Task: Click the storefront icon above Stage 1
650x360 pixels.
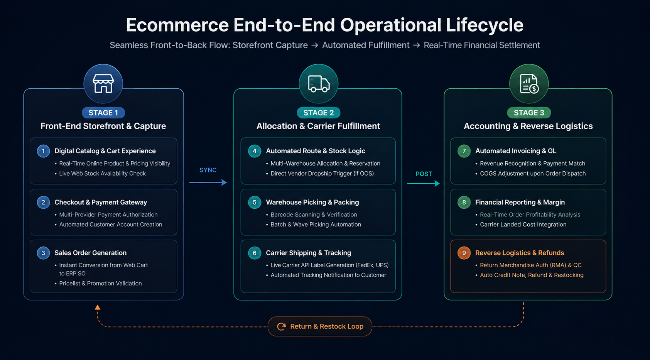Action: click(103, 83)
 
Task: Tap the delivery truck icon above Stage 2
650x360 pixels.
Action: click(319, 84)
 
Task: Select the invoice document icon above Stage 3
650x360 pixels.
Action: click(529, 84)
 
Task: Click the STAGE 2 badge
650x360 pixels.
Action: click(318, 113)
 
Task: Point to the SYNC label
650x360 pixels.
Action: click(208, 170)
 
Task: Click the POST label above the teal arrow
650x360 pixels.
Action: click(424, 174)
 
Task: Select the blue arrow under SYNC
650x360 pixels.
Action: click(208, 183)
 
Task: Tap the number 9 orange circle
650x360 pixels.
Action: click(464, 253)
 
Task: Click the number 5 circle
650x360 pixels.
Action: click(255, 202)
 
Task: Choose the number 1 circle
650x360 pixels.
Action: click(43, 151)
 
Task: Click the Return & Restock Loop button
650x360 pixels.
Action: click(320, 326)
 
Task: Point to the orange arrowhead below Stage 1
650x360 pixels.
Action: click(98, 307)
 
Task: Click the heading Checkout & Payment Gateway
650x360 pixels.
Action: click(101, 202)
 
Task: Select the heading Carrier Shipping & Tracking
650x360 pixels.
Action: click(309, 253)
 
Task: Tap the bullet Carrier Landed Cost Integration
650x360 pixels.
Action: click(523, 225)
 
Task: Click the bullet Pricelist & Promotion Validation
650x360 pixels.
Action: click(100, 283)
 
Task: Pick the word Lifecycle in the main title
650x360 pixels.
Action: click(485, 25)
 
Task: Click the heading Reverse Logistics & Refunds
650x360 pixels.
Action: click(519, 253)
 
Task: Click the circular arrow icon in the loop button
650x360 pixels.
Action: click(281, 326)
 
